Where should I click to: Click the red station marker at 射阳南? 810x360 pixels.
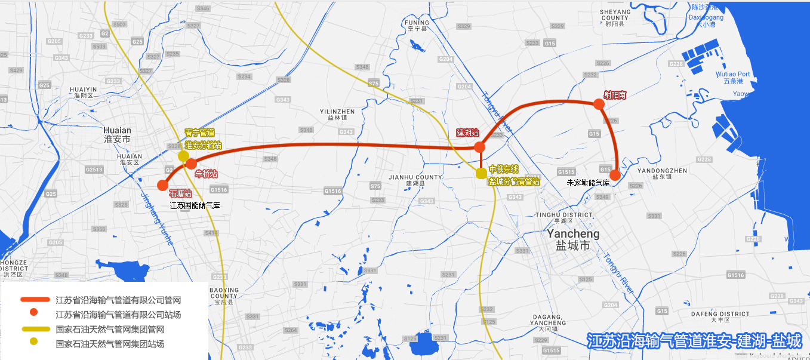[599, 104]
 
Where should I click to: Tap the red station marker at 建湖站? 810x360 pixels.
[479, 147]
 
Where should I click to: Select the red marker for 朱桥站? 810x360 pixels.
[191, 164]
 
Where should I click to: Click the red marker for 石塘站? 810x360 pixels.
[162, 185]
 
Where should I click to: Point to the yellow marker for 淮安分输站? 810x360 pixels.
[183, 156]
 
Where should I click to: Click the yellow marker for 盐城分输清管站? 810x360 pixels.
[481, 173]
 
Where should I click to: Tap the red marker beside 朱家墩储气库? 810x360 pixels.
[615, 175]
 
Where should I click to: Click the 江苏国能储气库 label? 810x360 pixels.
[195, 205]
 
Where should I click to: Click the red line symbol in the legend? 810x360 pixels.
[35, 300]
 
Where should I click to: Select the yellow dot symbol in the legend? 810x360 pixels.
[34, 341]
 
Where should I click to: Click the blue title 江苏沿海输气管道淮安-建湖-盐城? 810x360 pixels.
[694, 341]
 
